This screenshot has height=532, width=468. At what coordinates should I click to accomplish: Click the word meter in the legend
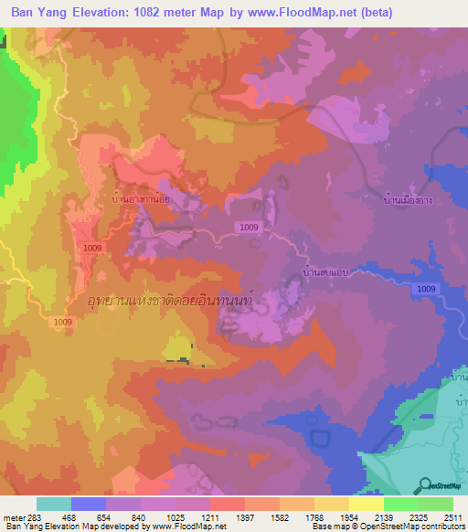click(12, 517)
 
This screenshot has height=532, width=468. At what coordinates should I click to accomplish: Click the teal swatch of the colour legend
click(54, 504)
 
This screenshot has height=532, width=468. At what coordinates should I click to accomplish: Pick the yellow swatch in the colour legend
click(367, 504)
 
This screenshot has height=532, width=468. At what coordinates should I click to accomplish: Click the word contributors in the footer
click(442, 527)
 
